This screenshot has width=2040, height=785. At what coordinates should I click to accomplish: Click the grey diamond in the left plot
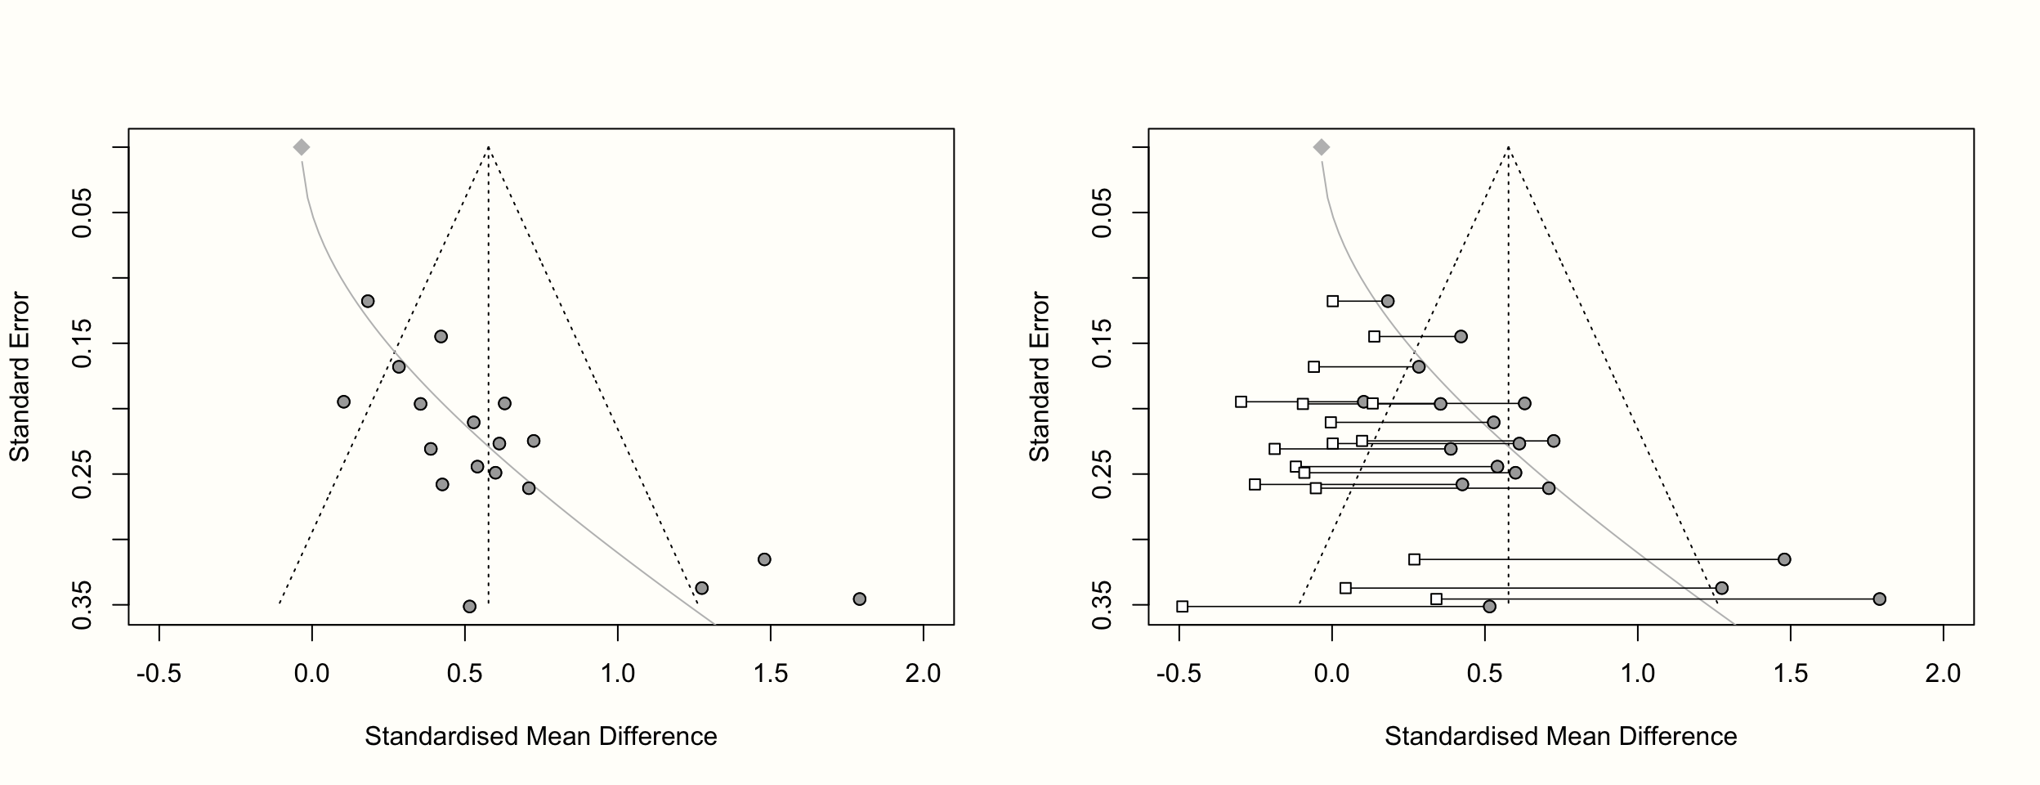tap(302, 147)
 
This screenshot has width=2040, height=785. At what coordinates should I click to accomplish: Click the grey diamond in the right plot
tap(1322, 147)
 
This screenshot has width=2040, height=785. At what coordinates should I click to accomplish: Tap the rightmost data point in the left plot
tap(859, 599)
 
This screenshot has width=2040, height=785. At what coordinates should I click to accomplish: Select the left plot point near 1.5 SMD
tap(764, 559)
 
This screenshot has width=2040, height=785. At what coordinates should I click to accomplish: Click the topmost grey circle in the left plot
tap(368, 301)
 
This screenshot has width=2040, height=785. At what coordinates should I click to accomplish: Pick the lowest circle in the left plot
tap(469, 607)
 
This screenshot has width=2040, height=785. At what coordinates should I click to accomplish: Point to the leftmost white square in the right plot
tap(1182, 607)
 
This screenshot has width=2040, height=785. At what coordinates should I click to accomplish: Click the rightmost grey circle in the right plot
tap(1879, 599)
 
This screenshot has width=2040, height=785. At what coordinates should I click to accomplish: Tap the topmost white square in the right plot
tap(1333, 301)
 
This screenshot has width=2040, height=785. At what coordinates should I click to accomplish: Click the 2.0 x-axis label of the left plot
tap(923, 674)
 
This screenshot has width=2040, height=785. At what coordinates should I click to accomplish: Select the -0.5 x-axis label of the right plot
tap(1179, 674)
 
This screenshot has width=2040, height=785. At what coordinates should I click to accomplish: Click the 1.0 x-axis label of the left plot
tap(618, 674)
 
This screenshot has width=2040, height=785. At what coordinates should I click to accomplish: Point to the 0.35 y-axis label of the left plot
tap(83, 605)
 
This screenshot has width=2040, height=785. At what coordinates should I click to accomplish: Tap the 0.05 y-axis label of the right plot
tap(1103, 213)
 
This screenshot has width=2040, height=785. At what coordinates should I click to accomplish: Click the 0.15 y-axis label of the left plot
tap(83, 343)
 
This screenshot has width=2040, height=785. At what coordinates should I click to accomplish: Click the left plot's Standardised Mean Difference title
tap(541, 737)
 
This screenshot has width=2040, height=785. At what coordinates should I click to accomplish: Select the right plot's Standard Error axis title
tap(1040, 377)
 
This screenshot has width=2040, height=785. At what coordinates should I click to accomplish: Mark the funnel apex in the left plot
tap(488, 148)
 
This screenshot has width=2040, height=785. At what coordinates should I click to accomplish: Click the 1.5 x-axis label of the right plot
tap(1791, 674)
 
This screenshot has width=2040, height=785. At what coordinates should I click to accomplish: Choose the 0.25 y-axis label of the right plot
tap(1103, 474)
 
